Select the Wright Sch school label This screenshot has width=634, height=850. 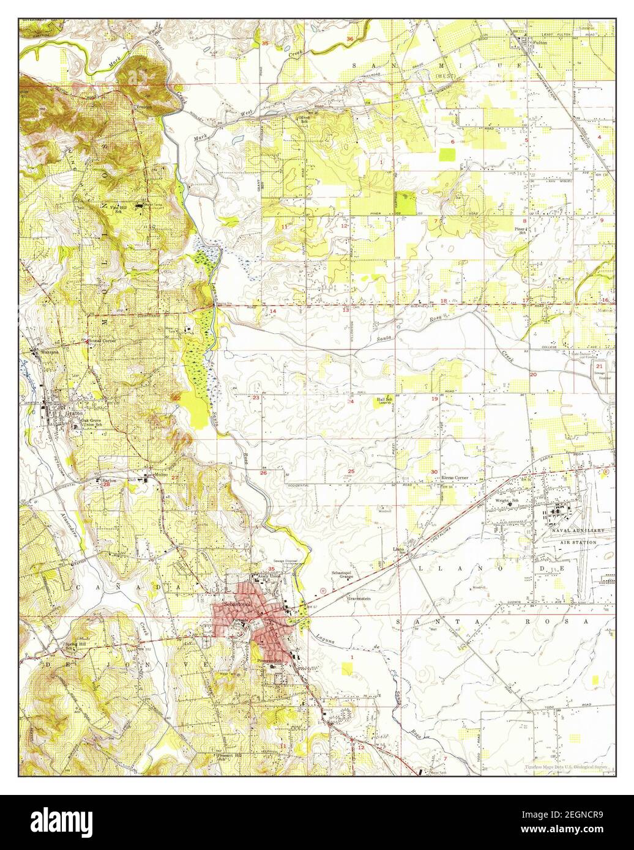pyautogui.click(x=507, y=501)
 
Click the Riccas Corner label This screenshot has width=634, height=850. pyautogui.click(x=447, y=478)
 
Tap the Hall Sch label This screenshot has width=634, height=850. pyautogui.click(x=384, y=400)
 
